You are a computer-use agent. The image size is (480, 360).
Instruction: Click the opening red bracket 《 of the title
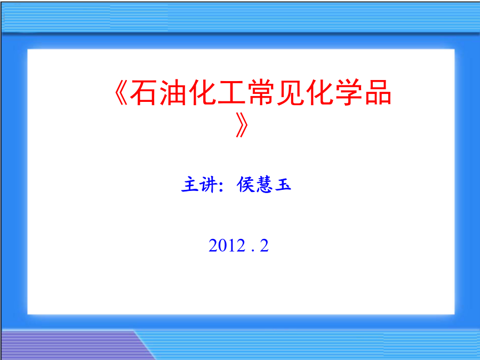[121, 93]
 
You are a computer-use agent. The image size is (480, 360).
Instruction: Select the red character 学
[349, 92]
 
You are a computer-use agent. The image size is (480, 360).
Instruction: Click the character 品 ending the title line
[378, 92]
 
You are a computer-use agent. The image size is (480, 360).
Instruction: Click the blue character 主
[189, 185]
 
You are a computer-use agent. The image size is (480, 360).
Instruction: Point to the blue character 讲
[209, 185]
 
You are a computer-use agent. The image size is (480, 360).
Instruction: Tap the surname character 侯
[246, 185]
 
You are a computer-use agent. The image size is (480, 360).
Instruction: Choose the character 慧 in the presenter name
[264, 185]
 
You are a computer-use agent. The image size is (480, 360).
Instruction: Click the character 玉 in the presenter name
[283, 185]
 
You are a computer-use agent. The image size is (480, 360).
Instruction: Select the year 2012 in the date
[227, 245]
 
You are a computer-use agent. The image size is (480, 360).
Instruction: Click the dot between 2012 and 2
[253, 251]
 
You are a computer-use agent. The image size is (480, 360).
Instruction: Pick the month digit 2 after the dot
[264, 245]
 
